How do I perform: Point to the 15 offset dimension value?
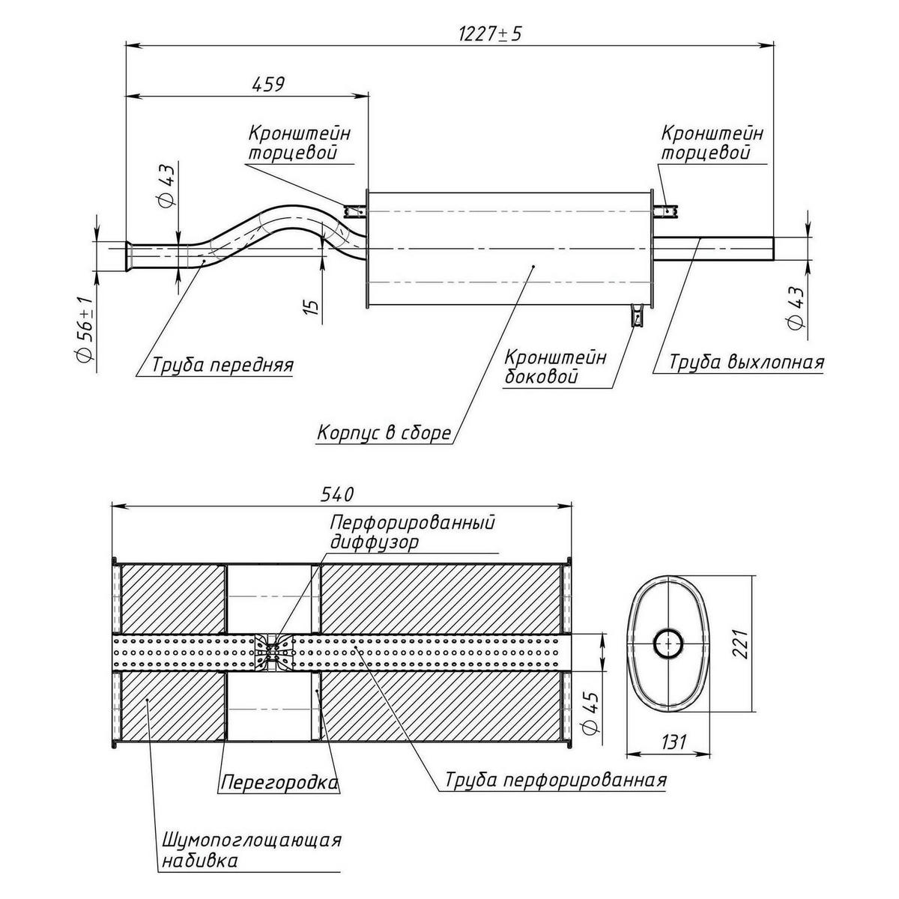[312, 305]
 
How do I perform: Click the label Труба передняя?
[223, 365]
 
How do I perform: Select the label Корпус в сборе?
[384, 433]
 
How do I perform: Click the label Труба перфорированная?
[555, 780]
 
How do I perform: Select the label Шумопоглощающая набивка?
[251, 850]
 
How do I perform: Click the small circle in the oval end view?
[666, 644]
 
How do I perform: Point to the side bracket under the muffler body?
[637, 315]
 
